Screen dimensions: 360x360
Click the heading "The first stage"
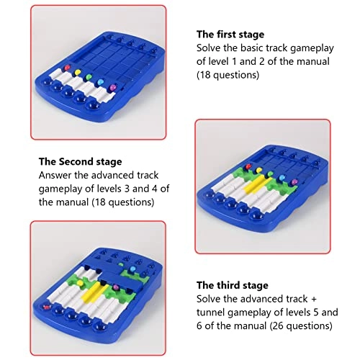(x=230, y=35)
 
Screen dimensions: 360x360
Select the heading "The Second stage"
(x=80, y=161)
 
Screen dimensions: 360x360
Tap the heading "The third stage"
(x=233, y=285)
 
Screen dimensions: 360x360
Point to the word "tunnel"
(x=210, y=312)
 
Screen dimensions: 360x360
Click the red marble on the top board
(x=68, y=68)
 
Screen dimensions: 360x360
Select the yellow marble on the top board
(x=78, y=72)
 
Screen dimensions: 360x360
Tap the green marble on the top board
(x=89, y=77)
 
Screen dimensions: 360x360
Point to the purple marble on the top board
(x=112, y=87)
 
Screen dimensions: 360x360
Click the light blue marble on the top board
(x=100, y=82)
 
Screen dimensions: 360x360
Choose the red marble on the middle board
(x=248, y=166)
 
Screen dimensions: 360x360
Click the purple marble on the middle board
(x=294, y=181)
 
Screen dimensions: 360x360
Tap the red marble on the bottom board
(x=46, y=307)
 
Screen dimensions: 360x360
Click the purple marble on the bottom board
(x=116, y=287)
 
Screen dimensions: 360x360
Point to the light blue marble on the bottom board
(x=132, y=269)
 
